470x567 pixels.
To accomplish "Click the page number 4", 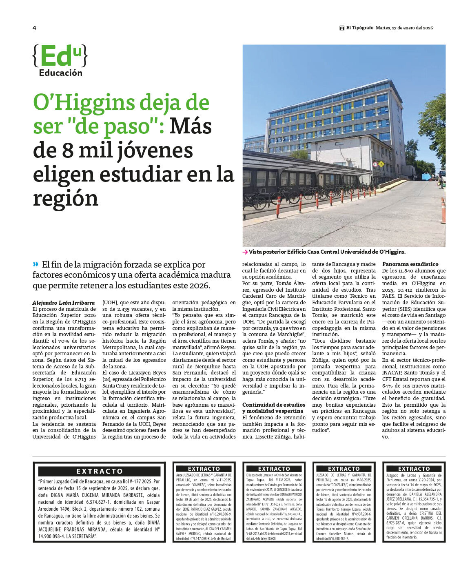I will point(34,28).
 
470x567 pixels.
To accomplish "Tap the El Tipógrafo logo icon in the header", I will point(342,28).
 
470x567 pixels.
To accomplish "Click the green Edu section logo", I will point(60,56).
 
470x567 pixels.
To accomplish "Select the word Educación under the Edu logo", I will point(60,73).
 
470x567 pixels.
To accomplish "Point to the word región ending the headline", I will point(65,199).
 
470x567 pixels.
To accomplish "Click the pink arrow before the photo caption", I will point(245,252).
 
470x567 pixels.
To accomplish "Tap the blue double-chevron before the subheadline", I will point(36,264).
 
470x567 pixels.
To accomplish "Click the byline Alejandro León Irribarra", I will point(63,303).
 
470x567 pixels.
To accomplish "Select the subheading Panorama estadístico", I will point(410,264).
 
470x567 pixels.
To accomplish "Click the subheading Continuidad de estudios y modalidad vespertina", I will point(273,408).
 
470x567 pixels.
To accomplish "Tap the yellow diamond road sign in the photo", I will point(381,164).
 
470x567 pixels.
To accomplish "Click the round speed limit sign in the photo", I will point(375,164).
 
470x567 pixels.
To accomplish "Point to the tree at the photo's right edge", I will point(434,126).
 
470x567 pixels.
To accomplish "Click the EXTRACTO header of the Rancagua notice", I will point(100,471).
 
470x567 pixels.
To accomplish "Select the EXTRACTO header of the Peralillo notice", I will point(204,469).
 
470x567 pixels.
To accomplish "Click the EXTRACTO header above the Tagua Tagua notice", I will point(274,469).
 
